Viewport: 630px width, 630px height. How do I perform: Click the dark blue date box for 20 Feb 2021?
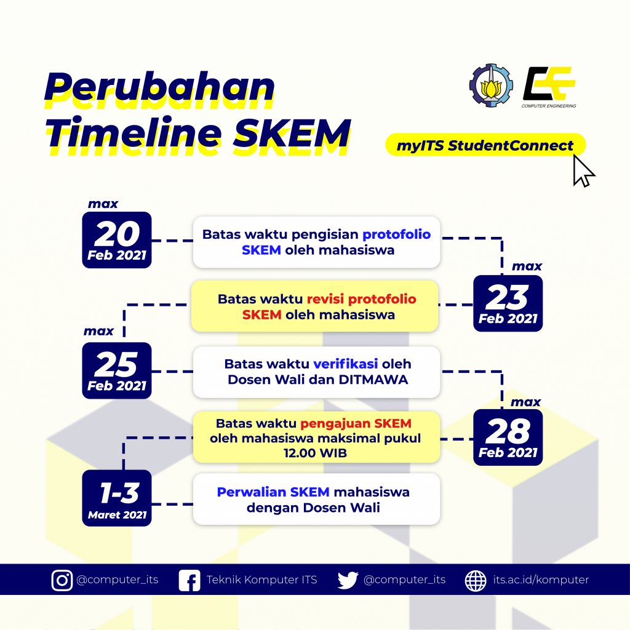[x=116, y=240]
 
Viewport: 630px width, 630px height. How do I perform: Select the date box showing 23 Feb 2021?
[x=508, y=303]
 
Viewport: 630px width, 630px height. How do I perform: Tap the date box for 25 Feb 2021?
[x=116, y=370]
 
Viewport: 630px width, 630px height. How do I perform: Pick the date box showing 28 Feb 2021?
[x=508, y=437]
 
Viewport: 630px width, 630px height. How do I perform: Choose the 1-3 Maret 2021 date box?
[x=116, y=498]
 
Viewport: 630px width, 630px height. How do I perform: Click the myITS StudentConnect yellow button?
[x=485, y=146]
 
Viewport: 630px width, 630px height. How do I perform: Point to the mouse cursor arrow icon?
[x=583, y=170]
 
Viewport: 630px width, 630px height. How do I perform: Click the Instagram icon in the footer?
[x=62, y=580]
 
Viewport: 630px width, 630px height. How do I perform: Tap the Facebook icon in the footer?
[x=189, y=580]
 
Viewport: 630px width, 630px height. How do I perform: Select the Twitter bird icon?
[x=348, y=580]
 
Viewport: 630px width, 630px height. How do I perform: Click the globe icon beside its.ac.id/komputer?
[x=476, y=580]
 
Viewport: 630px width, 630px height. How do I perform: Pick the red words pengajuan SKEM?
[x=356, y=424]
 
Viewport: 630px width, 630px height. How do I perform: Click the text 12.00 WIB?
[x=316, y=453]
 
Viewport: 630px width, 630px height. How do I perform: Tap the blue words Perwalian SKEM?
[x=273, y=492]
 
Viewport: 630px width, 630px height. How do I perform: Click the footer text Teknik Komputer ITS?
[x=261, y=580]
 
